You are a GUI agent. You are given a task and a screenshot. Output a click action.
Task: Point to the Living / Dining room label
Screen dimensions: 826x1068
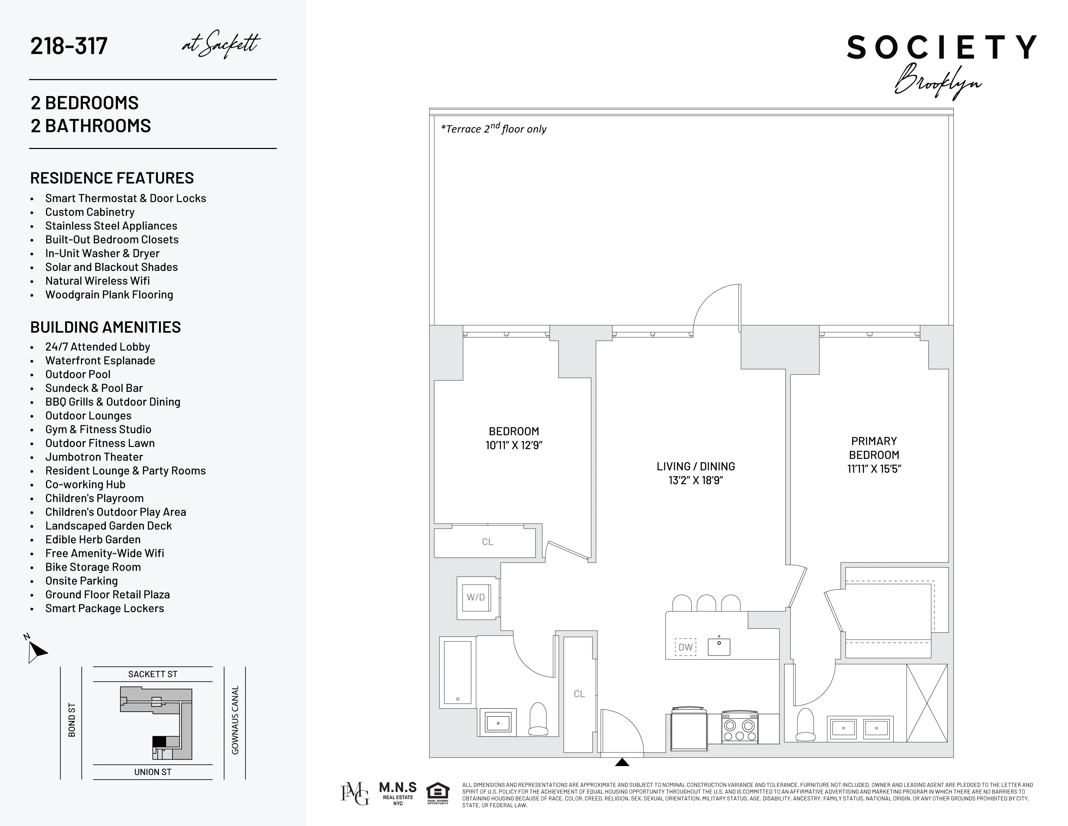(695, 466)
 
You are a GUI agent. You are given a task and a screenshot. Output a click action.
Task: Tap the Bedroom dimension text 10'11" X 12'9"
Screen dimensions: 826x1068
(514, 445)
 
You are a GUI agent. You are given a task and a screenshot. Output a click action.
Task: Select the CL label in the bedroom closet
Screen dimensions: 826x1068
(487, 542)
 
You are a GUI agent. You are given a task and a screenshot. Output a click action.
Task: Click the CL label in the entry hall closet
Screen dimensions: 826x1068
(579, 694)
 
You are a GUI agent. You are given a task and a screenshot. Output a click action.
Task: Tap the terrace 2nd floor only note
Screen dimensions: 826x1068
(494, 129)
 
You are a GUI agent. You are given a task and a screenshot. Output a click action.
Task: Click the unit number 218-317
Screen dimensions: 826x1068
(69, 46)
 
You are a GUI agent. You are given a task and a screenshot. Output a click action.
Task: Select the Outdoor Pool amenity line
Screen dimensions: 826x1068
(78, 374)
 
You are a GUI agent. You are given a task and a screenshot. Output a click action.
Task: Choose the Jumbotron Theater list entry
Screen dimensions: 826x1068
(94, 457)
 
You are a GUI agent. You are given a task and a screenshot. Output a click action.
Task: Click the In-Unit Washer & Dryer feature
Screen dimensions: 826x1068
(102, 254)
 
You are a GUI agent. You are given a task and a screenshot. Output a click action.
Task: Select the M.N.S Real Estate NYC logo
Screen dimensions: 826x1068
(397, 793)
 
